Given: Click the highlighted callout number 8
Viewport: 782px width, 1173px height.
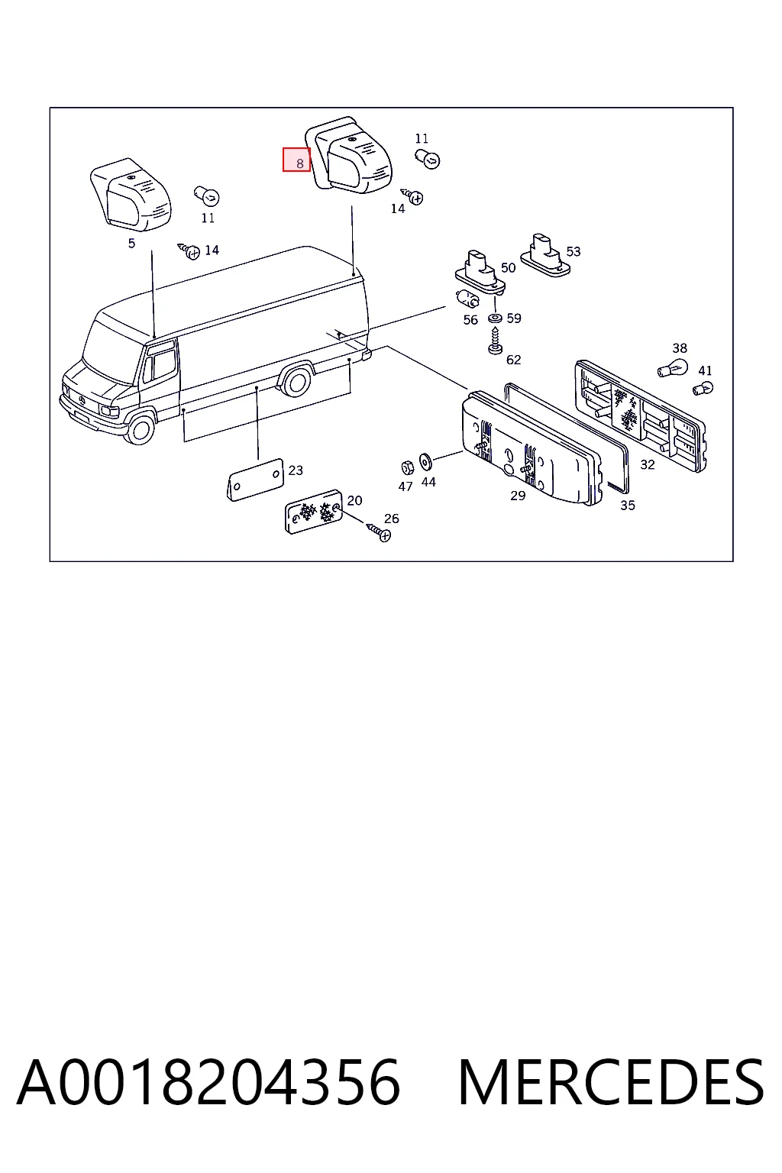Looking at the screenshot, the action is pyautogui.click(x=299, y=163).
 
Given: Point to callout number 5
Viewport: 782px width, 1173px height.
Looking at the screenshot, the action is pyautogui.click(x=131, y=244).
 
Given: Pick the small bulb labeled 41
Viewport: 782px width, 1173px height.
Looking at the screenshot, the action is pyautogui.click(x=703, y=389).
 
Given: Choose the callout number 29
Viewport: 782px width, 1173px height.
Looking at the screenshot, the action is pyautogui.click(x=518, y=496).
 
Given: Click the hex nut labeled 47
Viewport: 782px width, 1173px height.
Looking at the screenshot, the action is pyautogui.click(x=407, y=467).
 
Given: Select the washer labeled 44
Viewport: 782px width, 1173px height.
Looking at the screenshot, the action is pyautogui.click(x=425, y=462).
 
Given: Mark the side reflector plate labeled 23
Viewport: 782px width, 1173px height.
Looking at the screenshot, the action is pyautogui.click(x=255, y=480).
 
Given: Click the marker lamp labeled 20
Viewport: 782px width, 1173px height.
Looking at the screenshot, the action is pyautogui.click(x=313, y=512).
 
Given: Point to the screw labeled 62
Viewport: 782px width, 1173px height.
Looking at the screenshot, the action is pyautogui.click(x=494, y=341).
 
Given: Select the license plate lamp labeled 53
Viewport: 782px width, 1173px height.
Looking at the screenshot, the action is pyautogui.click(x=545, y=255).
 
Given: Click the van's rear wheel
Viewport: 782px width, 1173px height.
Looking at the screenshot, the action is pyautogui.click(x=295, y=383).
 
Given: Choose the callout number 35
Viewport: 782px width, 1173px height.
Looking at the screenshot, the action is pyautogui.click(x=628, y=506).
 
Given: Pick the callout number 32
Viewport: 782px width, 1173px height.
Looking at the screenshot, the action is pyautogui.click(x=648, y=464).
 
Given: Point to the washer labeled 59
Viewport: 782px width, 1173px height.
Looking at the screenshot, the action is pyautogui.click(x=494, y=318).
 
